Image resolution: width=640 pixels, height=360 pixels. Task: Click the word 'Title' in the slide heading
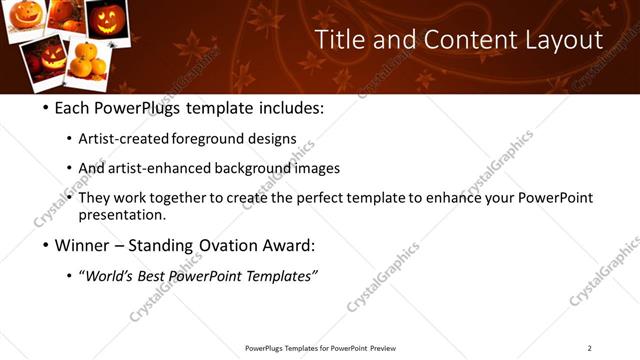337,40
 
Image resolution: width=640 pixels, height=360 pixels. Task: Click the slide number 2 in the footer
589,348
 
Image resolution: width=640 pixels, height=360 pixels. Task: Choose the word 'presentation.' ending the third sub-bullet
122,215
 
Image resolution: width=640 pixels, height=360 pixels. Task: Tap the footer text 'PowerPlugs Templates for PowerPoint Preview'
320,348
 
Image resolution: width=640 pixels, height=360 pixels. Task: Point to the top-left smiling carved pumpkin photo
27,17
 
